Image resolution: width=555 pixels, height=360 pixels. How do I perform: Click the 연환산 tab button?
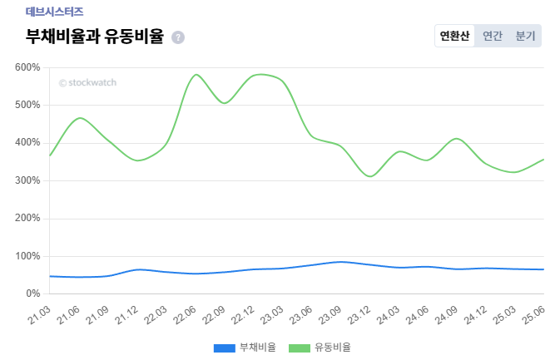[x=454, y=37]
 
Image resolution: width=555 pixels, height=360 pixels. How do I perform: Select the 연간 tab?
[x=493, y=37]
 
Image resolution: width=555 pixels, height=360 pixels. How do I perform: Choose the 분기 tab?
[x=525, y=37]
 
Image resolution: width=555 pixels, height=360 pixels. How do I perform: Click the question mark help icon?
[x=178, y=37]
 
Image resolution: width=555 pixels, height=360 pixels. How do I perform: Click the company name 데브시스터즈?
[x=54, y=12]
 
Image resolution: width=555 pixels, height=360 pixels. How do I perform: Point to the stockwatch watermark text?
[x=87, y=82]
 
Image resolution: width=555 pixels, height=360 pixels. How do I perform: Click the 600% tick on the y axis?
[x=28, y=67]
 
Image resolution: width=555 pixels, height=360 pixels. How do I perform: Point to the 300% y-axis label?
[x=28, y=180]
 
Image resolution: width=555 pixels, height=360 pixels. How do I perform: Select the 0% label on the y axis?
[x=32, y=293]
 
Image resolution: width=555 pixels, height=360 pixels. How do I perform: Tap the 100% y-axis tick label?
[x=28, y=256]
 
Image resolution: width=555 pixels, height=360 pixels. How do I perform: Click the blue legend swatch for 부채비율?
[x=225, y=348]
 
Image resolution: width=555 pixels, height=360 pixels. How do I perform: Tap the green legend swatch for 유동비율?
[x=299, y=348]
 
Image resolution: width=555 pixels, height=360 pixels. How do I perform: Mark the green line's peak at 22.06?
[x=196, y=75]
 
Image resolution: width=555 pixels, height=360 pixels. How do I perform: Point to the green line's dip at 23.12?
[x=370, y=176]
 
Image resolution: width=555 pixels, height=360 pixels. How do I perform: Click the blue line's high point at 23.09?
[x=340, y=262]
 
